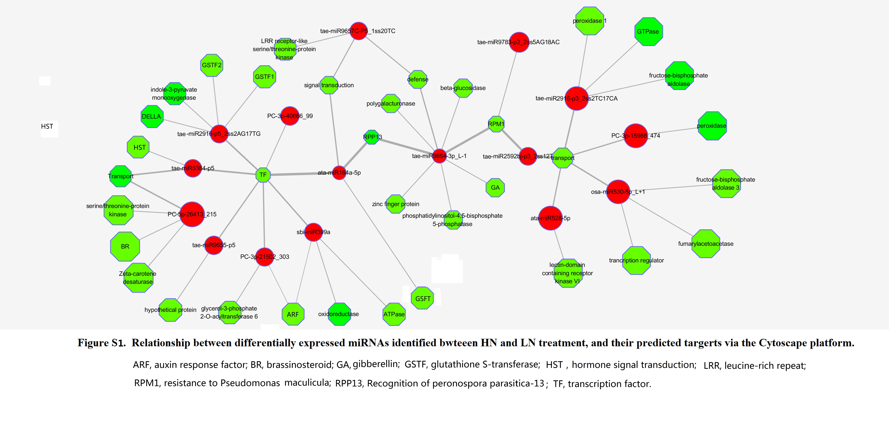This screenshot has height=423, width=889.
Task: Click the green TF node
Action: click(x=263, y=175)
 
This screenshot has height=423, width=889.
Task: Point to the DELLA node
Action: click(x=152, y=116)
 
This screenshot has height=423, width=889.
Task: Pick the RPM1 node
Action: click(x=496, y=124)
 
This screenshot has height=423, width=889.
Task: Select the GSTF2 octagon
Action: click(x=212, y=65)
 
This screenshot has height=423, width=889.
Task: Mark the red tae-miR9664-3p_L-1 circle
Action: click(x=439, y=156)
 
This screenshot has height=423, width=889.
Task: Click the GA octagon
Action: click(x=495, y=188)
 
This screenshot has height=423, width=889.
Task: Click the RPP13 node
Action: click(x=372, y=137)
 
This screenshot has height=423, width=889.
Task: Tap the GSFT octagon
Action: click(x=422, y=298)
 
